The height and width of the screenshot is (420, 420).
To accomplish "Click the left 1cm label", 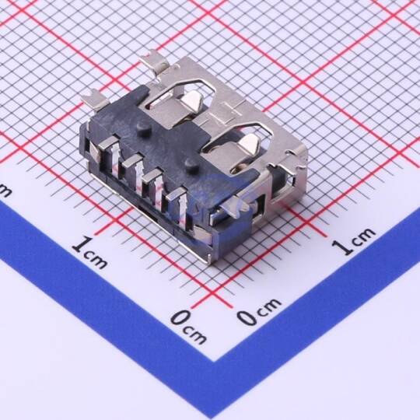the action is (x=90, y=252).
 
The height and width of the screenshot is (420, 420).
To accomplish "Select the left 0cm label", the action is (x=188, y=327).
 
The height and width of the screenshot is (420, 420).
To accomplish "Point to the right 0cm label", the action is (x=259, y=312).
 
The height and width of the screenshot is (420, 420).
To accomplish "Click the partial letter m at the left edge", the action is (x=5, y=190).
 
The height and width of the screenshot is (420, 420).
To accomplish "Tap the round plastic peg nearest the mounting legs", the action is (x=143, y=128).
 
